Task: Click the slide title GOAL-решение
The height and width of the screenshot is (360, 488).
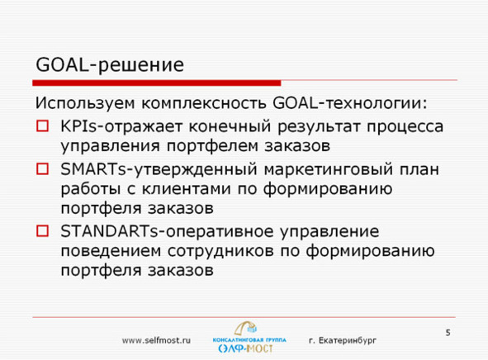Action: pos(110,65)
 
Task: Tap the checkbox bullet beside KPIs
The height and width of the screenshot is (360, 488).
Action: pos(43,126)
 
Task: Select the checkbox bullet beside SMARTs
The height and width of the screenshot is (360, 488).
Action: pos(43,169)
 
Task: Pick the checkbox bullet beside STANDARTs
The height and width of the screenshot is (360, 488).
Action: pos(43,231)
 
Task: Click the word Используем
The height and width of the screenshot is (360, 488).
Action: pos(85,103)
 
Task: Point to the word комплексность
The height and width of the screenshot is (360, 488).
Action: pos(204,103)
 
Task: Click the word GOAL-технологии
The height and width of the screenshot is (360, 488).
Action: pos(349,102)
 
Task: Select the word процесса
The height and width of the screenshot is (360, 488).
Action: pos(405,127)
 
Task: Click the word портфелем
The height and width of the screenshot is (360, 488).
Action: pos(212,146)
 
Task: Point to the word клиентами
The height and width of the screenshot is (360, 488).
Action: pos(186,189)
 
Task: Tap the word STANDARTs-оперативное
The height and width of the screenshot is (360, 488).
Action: pos(167,231)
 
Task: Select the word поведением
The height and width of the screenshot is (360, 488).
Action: pos(111,251)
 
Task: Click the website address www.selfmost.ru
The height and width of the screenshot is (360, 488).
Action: pos(156,340)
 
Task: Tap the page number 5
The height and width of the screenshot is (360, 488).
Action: pos(448,333)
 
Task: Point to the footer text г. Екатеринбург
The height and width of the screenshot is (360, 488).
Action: pos(343,341)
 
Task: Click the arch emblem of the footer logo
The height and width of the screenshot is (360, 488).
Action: pos(246,329)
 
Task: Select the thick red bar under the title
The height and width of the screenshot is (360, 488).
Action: pos(157,83)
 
